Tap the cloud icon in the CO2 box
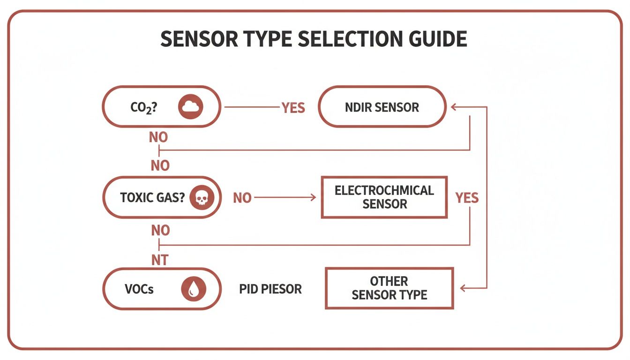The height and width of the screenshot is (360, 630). pyautogui.click(x=190, y=107)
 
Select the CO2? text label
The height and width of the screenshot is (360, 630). pyautogui.click(x=143, y=107)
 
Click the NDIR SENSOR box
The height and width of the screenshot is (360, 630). pyautogui.click(x=382, y=107)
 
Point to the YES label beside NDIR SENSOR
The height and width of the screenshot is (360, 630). pyautogui.click(x=293, y=108)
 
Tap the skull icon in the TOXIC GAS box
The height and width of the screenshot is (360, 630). pyautogui.click(x=201, y=198)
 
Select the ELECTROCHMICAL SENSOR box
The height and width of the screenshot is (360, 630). pyautogui.click(x=384, y=197)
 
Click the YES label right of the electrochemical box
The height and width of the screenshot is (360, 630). pyautogui.click(x=467, y=198)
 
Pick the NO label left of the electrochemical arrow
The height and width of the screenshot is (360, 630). pyautogui.click(x=242, y=198)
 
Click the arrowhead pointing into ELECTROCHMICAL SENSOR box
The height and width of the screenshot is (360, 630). pyautogui.click(x=313, y=198)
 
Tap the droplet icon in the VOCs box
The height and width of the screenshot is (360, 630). pyautogui.click(x=193, y=289)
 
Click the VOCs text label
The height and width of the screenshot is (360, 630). pyautogui.click(x=139, y=289)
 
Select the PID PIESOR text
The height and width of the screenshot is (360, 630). pyautogui.click(x=270, y=289)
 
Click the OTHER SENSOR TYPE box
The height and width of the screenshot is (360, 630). pyautogui.click(x=389, y=288)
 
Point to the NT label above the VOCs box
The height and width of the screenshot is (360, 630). pyautogui.click(x=159, y=260)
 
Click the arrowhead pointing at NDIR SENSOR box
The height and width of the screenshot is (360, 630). pyautogui.click(x=454, y=107)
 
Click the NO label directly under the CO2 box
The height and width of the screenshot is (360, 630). pyautogui.click(x=158, y=138)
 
